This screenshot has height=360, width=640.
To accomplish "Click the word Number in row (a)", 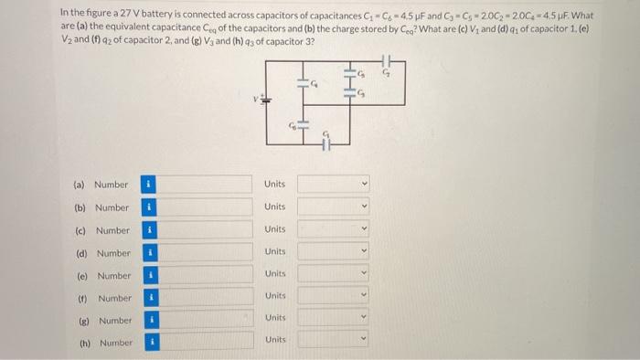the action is (112, 185).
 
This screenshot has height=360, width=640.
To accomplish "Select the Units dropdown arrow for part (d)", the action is (364, 252).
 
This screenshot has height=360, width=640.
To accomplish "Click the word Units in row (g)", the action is (274, 317).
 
